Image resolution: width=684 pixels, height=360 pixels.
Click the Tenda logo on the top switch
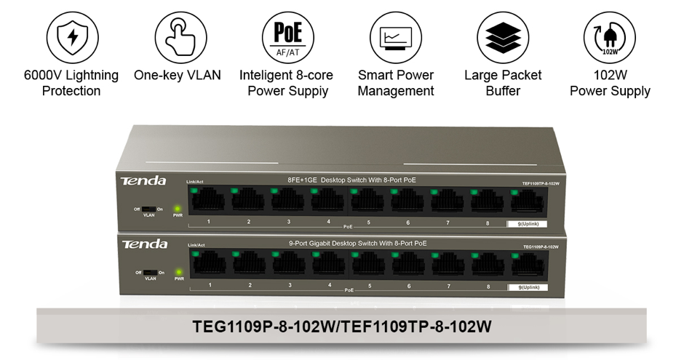(144, 180)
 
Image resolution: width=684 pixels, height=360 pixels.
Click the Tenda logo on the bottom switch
(144, 244)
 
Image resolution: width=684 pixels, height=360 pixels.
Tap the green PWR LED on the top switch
(178, 209)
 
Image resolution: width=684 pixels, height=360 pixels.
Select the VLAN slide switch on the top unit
(149, 209)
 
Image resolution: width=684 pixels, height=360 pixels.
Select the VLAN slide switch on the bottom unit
(150, 272)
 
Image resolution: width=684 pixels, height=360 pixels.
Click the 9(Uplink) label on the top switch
(527, 224)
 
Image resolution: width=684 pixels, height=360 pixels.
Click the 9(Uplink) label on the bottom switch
(528, 287)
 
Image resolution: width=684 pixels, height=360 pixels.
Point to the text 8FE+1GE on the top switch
(301, 180)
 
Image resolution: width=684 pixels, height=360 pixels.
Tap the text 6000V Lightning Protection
(71, 83)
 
